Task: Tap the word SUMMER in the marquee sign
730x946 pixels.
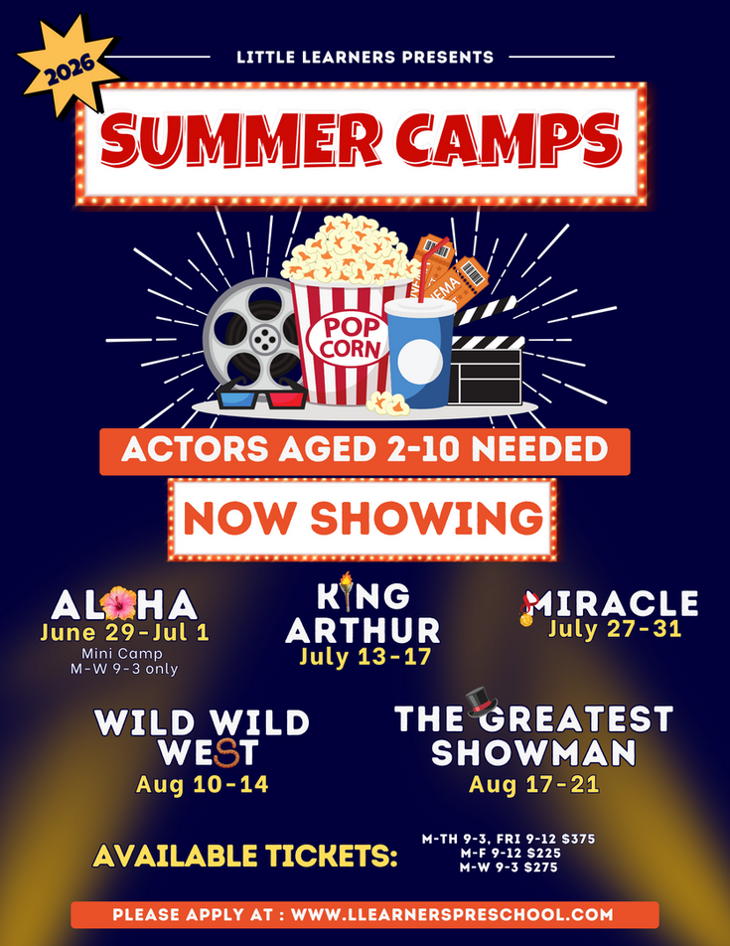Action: tap(240, 139)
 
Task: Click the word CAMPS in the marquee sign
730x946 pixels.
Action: tap(509, 139)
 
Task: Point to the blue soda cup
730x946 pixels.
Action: tap(420, 353)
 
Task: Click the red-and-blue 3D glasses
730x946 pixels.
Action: tap(261, 395)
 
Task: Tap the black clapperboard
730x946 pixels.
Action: tap(486, 356)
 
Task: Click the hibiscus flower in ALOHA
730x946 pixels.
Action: tap(118, 603)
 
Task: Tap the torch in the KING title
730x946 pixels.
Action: tap(346, 590)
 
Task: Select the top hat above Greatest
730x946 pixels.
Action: tap(481, 702)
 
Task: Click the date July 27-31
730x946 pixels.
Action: tap(614, 629)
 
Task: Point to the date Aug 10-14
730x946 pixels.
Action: tap(202, 784)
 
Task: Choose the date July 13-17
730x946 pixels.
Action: tap(365, 656)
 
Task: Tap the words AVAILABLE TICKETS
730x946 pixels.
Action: tap(244, 856)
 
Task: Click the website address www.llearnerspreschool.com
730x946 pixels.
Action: tap(452, 914)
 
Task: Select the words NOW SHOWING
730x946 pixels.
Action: tap(363, 519)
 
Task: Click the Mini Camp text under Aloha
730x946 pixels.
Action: tap(122, 653)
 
